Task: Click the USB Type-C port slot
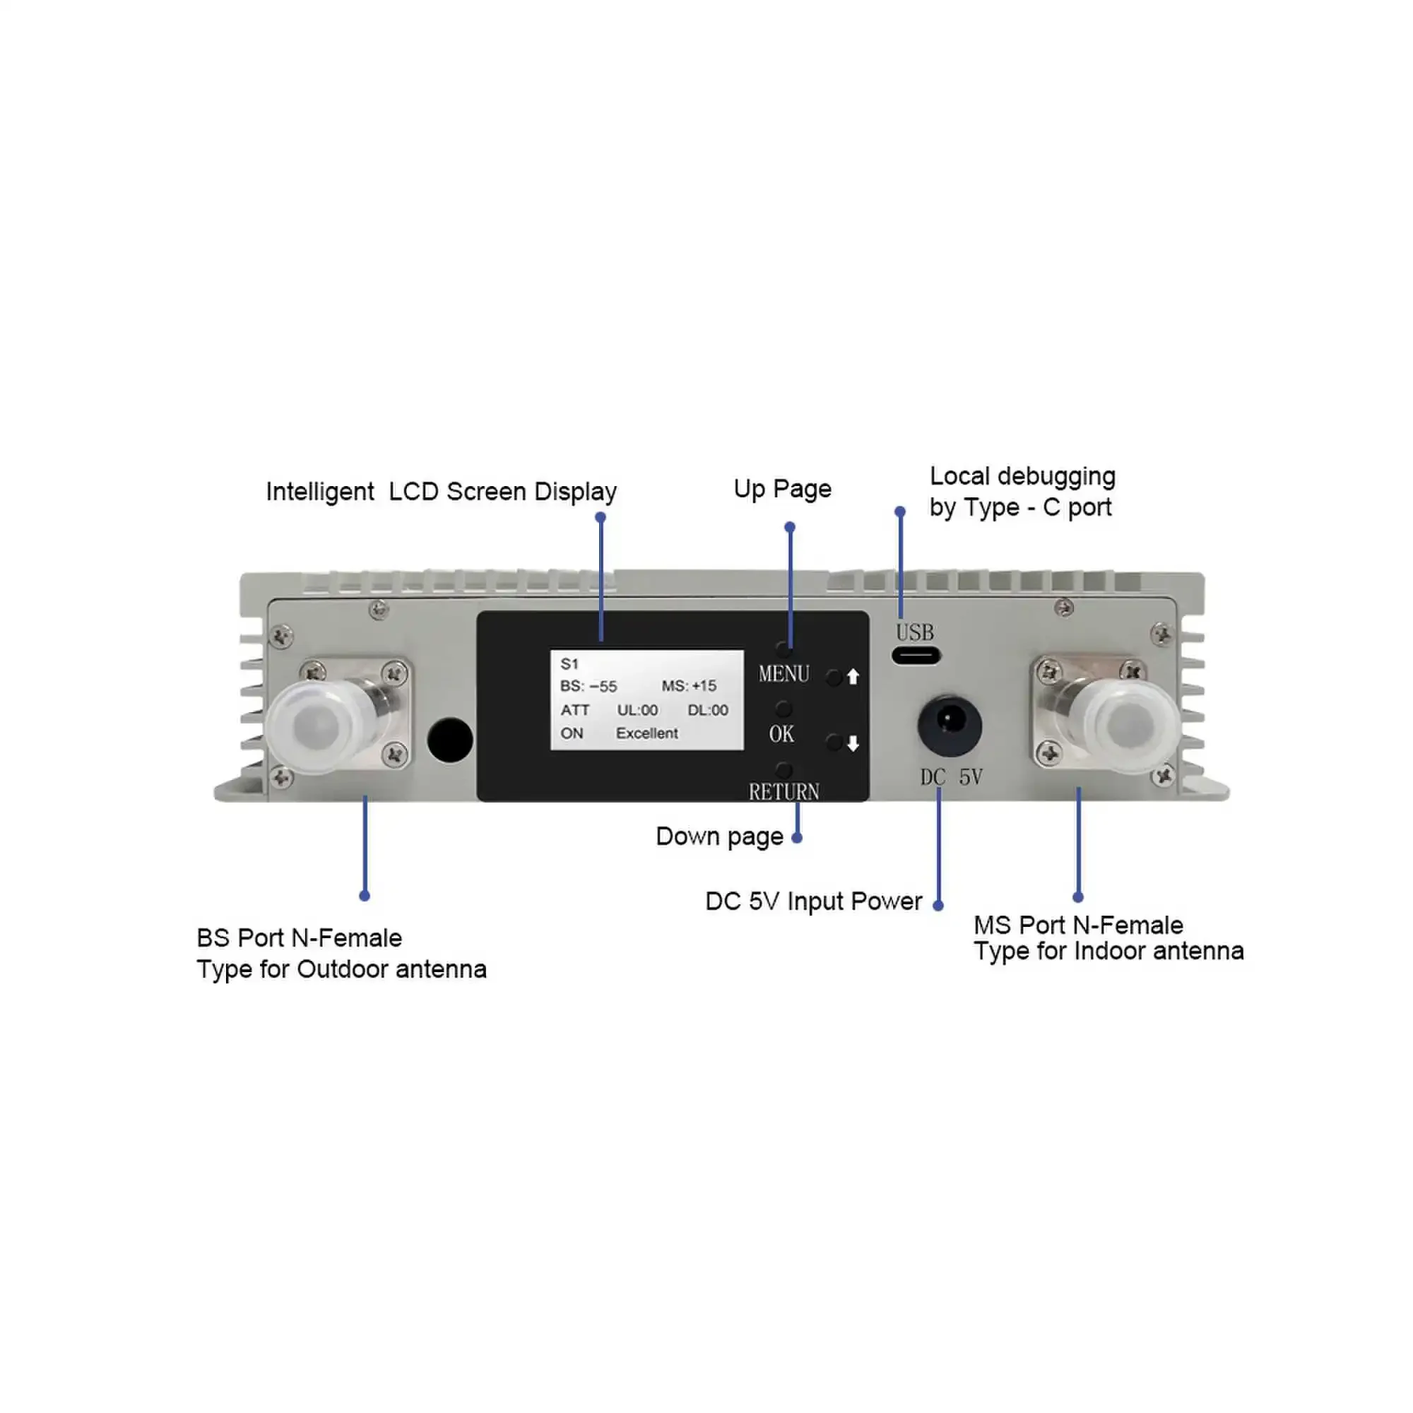point(915,656)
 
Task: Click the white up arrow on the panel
point(853,678)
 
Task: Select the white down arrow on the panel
point(853,744)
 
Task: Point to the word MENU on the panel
point(784,673)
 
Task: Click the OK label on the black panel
point(781,733)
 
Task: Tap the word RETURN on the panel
point(784,791)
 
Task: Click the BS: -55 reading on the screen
point(588,686)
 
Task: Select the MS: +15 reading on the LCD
point(689,686)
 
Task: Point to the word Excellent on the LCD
point(646,733)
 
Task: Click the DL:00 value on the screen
point(707,710)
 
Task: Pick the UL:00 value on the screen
point(637,710)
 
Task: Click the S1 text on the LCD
point(569,664)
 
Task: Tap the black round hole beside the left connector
point(450,740)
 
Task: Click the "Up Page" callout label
point(782,489)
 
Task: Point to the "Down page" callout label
point(719,836)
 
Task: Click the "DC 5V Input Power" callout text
point(812,901)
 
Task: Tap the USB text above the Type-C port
point(914,632)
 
